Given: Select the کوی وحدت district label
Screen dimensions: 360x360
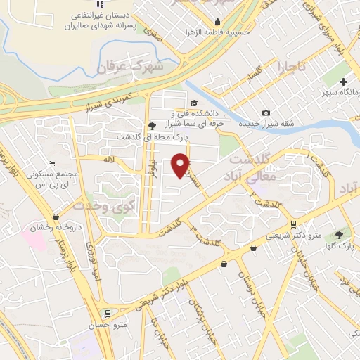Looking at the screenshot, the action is [x=113, y=207].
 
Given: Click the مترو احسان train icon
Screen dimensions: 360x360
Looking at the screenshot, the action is [x=107, y=314].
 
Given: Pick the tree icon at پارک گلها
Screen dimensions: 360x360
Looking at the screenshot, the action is [x=341, y=235].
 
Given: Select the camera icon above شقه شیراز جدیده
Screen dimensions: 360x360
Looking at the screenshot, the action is [x=266, y=113].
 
